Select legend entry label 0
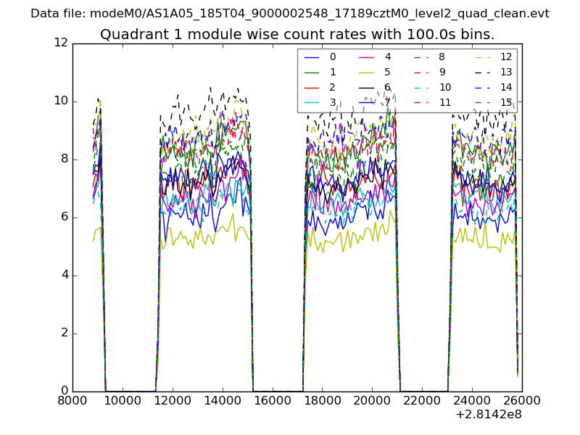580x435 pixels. pos(333,57)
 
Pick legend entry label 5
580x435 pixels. pos(388,72)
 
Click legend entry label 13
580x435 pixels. pos(506,72)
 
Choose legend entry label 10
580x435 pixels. pos(445,88)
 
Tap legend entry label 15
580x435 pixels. pos(506,102)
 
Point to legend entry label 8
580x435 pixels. pos(442,57)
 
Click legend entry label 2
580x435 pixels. pos(333,88)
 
